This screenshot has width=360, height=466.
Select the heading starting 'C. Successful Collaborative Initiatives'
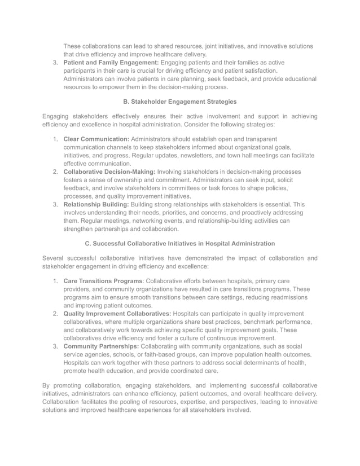(x=179, y=244)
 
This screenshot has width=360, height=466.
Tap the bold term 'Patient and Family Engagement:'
(x=111, y=62)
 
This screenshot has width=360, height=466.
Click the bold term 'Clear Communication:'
(x=96, y=139)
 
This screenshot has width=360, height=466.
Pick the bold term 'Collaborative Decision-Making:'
(x=109, y=172)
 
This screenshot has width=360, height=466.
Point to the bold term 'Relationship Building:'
(x=96, y=204)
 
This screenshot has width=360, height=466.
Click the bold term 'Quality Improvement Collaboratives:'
(x=117, y=314)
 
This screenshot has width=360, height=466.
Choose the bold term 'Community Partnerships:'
(x=101, y=346)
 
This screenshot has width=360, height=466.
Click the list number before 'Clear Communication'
(x=55, y=139)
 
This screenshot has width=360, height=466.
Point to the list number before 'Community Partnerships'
(x=55, y=346)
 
